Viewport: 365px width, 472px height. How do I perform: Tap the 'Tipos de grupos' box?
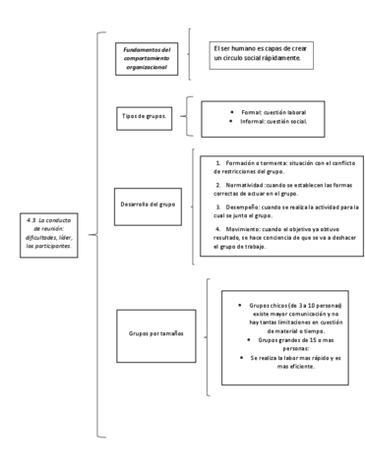[144, 117]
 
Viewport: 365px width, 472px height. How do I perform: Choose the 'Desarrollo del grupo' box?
[145, 204]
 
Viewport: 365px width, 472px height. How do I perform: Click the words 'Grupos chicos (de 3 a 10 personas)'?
[284, 306]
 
